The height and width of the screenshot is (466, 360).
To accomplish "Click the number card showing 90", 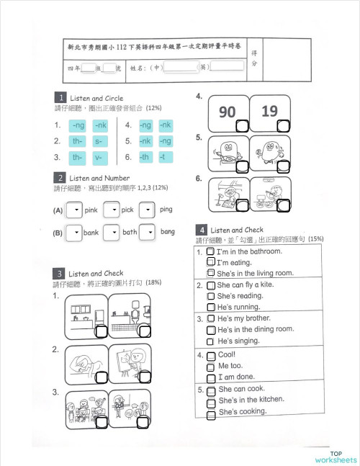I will point(228,112).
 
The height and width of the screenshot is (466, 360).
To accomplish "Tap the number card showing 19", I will point(270,112).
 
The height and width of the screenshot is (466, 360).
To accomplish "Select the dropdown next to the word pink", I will point(73,210).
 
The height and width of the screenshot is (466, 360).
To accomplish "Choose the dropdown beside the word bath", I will point(111,233).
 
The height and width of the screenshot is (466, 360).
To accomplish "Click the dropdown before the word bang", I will point(147,233).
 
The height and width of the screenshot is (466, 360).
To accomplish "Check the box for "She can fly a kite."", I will point(210,285).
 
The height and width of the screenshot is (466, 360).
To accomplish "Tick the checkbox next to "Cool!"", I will point(210,356).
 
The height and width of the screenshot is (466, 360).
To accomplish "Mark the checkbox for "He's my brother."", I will point(210,318).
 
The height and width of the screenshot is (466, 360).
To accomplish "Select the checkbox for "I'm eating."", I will point(210,263).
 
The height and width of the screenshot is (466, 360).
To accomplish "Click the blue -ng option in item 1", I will point(78,125).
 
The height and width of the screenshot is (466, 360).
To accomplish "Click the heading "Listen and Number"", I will point(99,178).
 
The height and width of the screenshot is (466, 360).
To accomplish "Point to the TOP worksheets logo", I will point(335,457).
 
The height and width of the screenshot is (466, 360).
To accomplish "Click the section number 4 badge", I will point(202,230).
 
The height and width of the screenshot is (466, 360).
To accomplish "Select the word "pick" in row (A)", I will point(127,210).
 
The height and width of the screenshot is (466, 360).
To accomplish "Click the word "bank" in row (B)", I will point(91,233).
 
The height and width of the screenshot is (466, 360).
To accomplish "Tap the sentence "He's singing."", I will point(238,341).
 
